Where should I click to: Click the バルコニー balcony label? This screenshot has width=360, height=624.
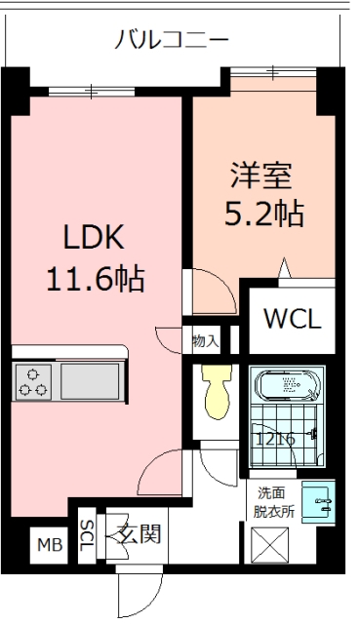172,40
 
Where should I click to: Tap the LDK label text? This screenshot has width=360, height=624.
95,237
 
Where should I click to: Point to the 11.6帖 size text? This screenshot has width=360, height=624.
96,279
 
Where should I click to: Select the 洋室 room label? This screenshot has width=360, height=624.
261,175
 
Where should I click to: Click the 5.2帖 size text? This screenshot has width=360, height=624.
264,214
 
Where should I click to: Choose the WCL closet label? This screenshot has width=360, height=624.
293,319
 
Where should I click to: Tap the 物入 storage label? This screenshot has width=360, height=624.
206,341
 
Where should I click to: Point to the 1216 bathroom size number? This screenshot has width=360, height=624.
275,439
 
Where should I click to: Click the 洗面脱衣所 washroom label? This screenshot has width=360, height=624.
274,503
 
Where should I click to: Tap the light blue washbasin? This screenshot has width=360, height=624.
318,502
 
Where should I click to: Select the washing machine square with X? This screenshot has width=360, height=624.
269,545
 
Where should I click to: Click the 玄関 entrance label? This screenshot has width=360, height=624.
140,533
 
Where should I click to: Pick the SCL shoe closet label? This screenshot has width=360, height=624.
87,535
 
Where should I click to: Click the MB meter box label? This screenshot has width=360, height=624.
50,545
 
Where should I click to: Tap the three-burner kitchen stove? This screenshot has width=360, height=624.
33,382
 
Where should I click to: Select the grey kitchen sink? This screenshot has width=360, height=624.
90,381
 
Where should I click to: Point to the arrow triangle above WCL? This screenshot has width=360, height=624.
284,268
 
